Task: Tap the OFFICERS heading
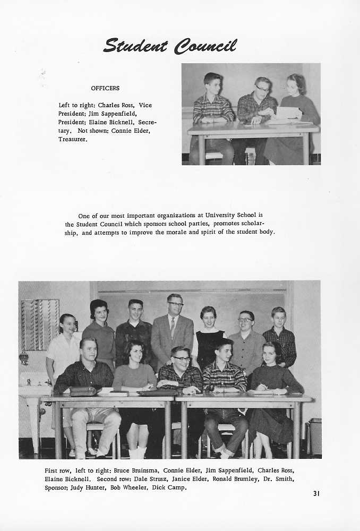(105, 88)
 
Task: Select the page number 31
(316, 494)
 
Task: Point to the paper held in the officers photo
(288, 113)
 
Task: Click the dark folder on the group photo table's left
(85, 391)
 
